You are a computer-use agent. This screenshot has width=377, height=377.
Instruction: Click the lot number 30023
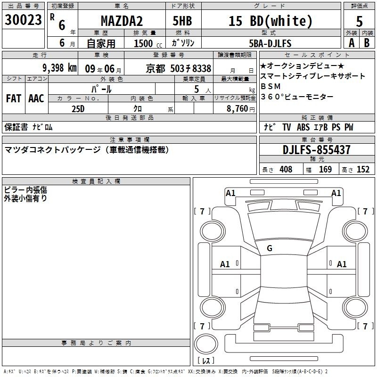(23, 20)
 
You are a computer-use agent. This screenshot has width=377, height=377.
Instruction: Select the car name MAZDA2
(122, 21)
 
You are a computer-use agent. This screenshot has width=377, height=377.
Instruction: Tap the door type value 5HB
(182, 21)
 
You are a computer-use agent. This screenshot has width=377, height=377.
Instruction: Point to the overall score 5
(359, 22)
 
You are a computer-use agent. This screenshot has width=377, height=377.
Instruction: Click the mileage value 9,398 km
(60, 68)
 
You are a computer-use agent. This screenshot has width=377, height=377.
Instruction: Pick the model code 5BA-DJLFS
(270, 43)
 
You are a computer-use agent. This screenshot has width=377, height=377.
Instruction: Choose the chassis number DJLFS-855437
(316, 150)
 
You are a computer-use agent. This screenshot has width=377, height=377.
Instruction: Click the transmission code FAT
(14, 98)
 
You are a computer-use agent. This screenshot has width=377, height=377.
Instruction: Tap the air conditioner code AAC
(36, 98)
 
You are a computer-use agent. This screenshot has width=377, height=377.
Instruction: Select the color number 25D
(78, 109)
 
